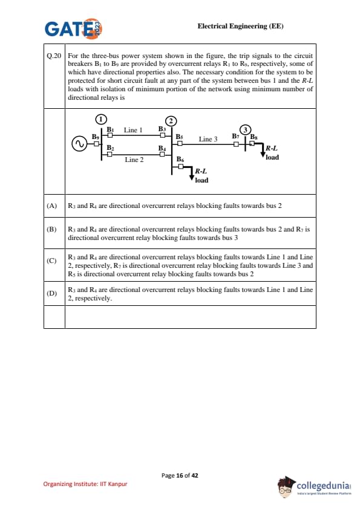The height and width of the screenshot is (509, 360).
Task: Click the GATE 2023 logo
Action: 73,28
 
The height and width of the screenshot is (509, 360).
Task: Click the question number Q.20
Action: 54,56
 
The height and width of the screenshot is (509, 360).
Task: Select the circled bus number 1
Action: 101,119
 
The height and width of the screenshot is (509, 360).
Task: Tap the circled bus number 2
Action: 171,121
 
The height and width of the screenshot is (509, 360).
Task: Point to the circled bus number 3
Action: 245,130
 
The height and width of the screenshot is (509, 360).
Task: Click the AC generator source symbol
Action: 79,144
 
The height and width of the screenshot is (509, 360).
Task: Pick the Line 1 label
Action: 133,130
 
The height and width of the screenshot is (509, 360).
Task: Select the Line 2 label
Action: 134,160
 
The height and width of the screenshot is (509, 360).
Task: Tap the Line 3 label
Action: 208,139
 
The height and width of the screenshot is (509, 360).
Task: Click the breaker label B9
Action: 96,137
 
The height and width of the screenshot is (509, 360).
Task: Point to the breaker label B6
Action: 180,159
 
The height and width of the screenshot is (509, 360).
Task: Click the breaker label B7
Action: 235,136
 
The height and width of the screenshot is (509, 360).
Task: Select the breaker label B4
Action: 162,148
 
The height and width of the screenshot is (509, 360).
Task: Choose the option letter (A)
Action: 51,206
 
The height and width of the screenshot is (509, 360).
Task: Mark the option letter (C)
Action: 51,261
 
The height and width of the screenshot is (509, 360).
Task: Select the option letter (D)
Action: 51,293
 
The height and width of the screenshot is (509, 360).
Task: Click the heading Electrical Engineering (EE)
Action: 240,26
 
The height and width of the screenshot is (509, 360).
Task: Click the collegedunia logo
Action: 315,487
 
